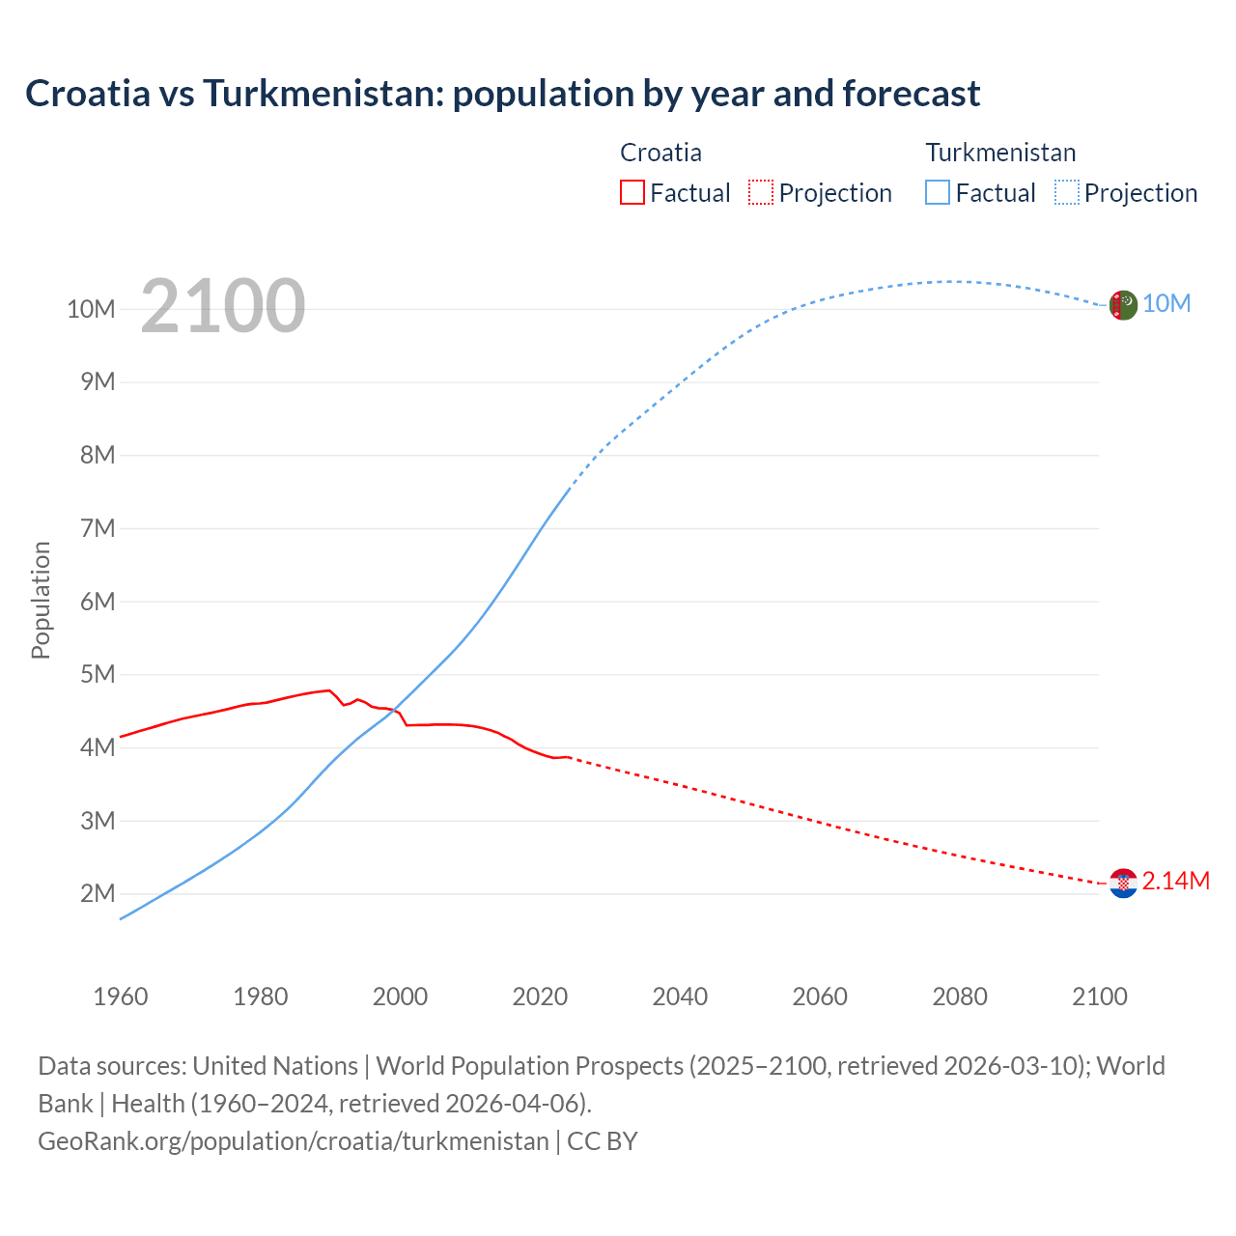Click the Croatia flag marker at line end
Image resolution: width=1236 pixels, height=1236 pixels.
tap(1123, 883)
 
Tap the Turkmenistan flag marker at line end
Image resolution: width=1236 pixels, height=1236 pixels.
tap(1122, 305)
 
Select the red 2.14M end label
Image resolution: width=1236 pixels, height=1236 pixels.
tap(1175, 881)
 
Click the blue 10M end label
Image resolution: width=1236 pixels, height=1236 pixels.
tap(1166, 304)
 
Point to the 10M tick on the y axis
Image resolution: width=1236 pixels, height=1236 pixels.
tap(91, 309)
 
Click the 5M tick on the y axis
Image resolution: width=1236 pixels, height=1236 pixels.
tap(98, 674)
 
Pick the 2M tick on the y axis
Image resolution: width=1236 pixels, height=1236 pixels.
tap(98, 893)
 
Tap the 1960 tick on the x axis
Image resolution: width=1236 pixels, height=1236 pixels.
tap(121, 997)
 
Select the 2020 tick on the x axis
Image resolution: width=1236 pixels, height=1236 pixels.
tap(540, 997)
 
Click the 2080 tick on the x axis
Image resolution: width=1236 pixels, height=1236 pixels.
tap(960, 997)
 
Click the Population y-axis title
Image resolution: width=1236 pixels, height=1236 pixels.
tap(41, 600)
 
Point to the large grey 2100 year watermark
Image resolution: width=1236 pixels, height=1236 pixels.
tap(223, 307)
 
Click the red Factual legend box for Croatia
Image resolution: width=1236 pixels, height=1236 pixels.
tap(632, 192)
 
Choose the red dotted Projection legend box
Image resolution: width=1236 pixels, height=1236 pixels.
tap(761, 192)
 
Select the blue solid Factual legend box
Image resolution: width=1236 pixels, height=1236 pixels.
tap(938, 192)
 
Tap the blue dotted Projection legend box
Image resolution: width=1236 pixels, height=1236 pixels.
tap(1067, 192)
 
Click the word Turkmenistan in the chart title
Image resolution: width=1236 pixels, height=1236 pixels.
tap(323, 94)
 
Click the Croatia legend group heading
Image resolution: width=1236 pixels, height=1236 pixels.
tap(660, 153)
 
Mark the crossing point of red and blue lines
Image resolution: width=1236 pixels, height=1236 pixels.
tap(392, 711)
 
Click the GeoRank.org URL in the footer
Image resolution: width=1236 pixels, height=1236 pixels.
tap(293, 1140)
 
